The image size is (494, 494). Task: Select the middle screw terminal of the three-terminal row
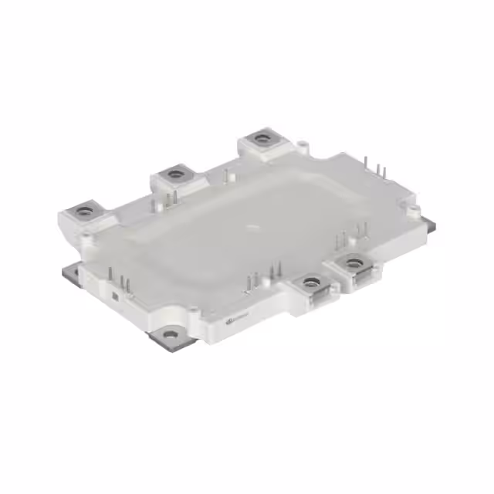176,174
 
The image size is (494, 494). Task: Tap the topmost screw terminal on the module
263,139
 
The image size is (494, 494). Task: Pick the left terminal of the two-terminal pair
311,283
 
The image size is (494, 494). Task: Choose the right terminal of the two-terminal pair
354,263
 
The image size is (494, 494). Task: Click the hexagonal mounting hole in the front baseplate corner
171,333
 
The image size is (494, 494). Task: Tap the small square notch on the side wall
114,295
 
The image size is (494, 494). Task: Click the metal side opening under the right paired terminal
360,282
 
